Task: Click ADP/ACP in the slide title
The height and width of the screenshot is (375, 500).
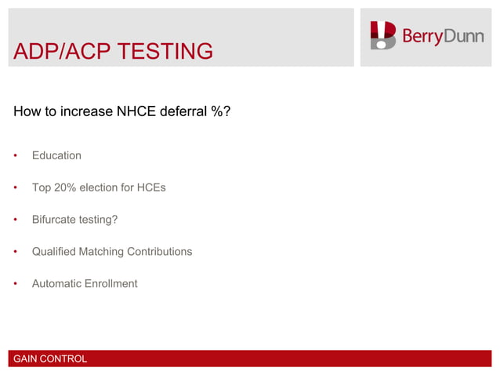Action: click(x=59, y=52)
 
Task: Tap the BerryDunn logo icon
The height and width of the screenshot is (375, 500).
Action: click(x=383, y=36)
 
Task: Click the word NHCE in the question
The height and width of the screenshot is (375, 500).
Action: click(x=137, y=111)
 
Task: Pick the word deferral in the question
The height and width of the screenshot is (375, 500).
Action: click(x=186, y=111)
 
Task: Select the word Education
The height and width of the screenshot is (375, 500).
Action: click(x=56, y=155)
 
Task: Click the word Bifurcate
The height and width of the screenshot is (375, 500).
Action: click(x=56, y=220)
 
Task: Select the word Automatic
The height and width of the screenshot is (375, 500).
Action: click(x=58, y=283)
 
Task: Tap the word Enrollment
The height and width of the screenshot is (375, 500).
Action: click(x=112, y=283)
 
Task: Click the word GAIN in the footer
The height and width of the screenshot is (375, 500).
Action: click(x=26, y=359)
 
